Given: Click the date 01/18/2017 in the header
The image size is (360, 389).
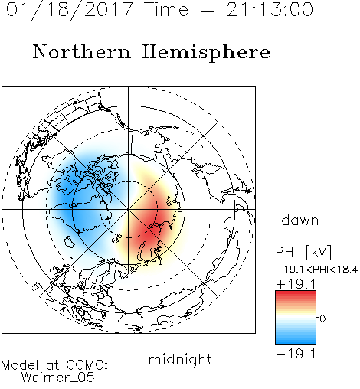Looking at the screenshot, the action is coord(70,10).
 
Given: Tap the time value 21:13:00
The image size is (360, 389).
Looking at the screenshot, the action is coord(270,10).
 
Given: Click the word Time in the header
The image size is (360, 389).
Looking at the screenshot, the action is coord(166,10).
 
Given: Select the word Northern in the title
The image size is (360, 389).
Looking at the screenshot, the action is coord(82,51).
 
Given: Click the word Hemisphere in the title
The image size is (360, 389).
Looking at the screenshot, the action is coord(206,53).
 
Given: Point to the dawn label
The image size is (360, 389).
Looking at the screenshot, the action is coord(300,220).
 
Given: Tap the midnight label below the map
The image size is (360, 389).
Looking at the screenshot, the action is coord(180,359).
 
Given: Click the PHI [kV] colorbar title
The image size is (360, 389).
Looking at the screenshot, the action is coord(303,252).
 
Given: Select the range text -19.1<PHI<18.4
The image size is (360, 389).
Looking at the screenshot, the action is coord(316,270).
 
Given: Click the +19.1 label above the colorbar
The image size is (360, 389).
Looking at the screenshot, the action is coord(296,284).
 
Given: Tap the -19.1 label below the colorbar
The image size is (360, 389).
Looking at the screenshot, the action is coord(296,354).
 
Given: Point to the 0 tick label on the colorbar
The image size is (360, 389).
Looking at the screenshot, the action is coord(322,319).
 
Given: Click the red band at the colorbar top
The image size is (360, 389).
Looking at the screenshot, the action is coord(296,296).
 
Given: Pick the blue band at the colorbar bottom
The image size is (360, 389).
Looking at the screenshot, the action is coord(296,339).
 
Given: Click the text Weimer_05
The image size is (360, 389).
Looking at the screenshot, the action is coord(58,377).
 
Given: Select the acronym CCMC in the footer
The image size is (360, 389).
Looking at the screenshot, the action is coord(87,365).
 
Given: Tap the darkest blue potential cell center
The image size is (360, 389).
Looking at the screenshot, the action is coord(69,201).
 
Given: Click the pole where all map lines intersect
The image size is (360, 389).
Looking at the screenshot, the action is coord(129,209).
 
